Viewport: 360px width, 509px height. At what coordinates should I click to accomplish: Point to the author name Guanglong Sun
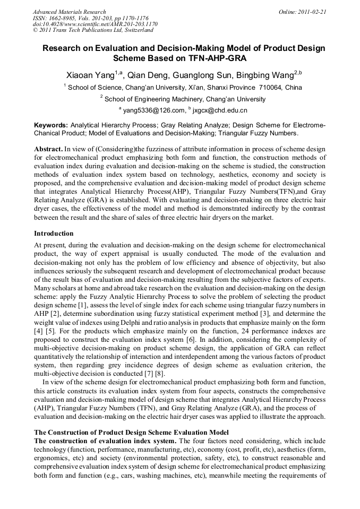coord(202,75)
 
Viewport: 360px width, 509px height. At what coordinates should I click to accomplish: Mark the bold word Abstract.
coord(48,149)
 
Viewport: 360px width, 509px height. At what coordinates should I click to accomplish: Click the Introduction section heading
coord(54,234)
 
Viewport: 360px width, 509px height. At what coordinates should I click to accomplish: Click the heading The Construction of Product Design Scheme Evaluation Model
coord(131,433)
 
